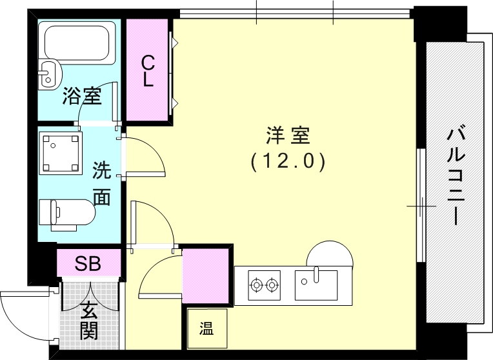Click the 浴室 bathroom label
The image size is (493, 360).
pyautogui.click(x=81, y=97)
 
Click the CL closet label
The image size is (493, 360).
pyautogui.click(x=148, y=71)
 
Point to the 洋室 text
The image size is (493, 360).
pyautogui.click(x=288, y=136)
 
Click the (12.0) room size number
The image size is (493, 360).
pyautogui.click(x=288, y=161)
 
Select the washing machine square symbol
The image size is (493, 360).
pyautogui.click(x=60, y=153)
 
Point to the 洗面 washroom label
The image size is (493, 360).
pyautogui.click(x=101, y=184)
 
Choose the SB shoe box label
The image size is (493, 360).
pyautogui.click(x=88, y=263)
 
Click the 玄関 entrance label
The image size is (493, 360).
pyautogui.click(x=88, y=320)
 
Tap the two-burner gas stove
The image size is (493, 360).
pyautogui.click(x=265, y=284)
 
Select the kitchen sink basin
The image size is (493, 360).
pyautogui.click(x=316, y=285)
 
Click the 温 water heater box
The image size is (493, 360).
pyautogui.click(x=206, y=328)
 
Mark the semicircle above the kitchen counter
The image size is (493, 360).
pyautogui.click(x=330, y=253)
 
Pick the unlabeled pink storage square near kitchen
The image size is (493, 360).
pyautogui.click(x=205, y=275)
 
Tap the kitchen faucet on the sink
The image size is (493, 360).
pyautogui.click(x=316, y=274)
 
